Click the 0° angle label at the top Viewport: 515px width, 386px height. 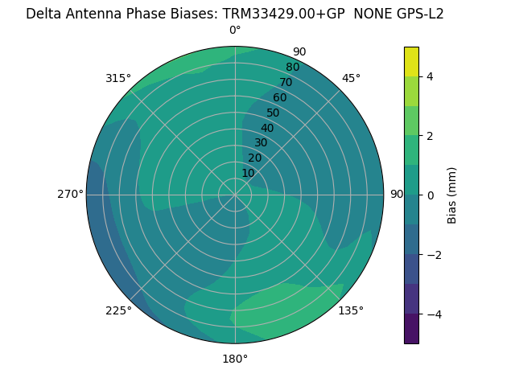click(x=235, y=31)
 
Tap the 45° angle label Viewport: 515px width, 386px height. click(x=351, y=78)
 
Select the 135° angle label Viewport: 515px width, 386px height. click(x=351, y=310)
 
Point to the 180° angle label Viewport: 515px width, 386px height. click(x=235, y=359)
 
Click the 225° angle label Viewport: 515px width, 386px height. click(x=118, y=310)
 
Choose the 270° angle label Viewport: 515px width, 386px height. click(x=70, y=194)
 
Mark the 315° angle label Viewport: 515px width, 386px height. click(x=118, y=78)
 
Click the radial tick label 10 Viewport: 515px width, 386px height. click(x=248, y=174)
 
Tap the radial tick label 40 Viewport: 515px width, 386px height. click(x=267, y=128)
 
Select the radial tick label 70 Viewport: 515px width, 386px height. click(x=286, y=82)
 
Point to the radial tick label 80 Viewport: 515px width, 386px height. click(x=292, y=67)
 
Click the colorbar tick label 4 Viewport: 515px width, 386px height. click(x=430, y=76)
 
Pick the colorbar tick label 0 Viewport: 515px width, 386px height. click(x=430, y=195)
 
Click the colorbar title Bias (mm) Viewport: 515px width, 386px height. click(x=452, y=195)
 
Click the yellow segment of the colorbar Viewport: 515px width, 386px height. click(x=411, y=61)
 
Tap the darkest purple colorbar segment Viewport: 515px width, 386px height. click(x=411, y=328)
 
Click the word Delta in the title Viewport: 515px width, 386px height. click(x=43, y=14)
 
